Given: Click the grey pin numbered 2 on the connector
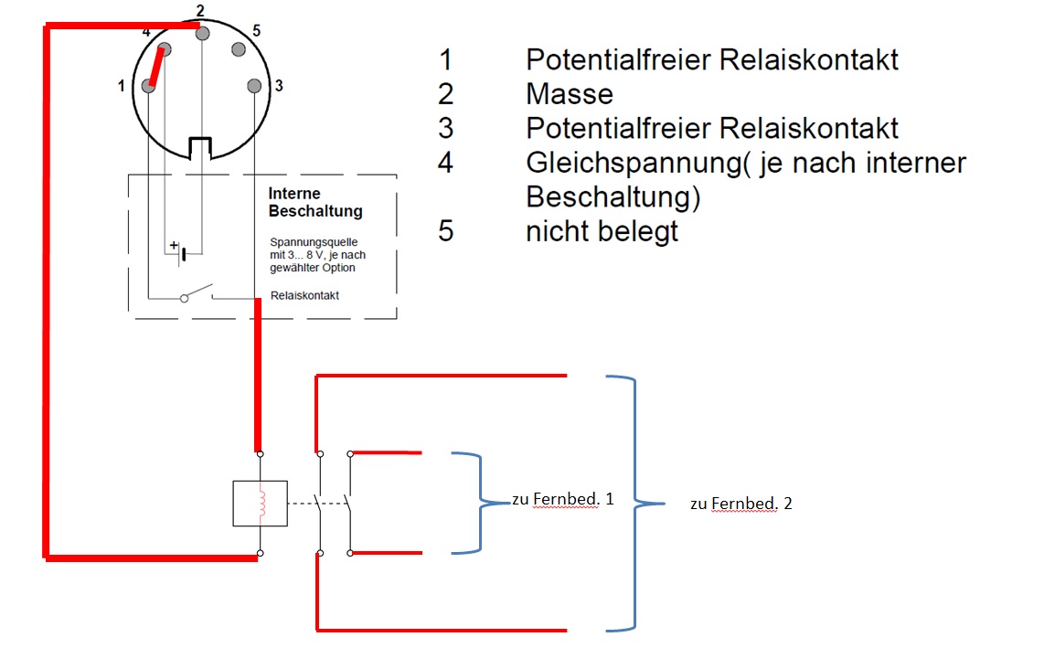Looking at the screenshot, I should point(202,33).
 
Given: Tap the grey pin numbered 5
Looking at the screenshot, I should point(239,49).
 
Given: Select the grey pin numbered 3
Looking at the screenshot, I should point(254,86).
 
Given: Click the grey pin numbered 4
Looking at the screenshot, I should point(165,49).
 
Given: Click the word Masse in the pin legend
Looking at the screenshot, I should point(569,94).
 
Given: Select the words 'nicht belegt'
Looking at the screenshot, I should point(602,230).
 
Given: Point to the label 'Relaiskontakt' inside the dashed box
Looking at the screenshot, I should point(304,295).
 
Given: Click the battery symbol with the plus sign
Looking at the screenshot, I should point(180,250).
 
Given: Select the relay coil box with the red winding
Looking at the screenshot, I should point(261,504).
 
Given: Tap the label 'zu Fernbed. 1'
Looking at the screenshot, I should point(562,500).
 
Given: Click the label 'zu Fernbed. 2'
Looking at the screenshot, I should point(741,504).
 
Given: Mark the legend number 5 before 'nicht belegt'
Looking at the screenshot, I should point(445,230).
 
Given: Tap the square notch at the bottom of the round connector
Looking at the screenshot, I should point(200,147).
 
